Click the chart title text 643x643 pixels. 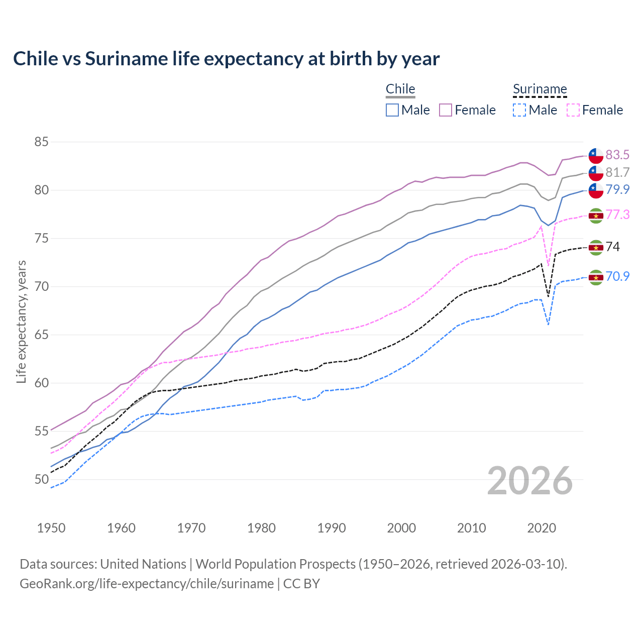[226, 59]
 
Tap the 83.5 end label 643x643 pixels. [617, 155]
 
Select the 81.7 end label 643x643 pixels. [617, 172]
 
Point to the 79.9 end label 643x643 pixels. [617, 189]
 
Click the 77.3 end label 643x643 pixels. [617, 215]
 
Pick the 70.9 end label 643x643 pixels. [617, 276]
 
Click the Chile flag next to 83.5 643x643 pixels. [596, 155]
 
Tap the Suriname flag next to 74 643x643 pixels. [596, 247]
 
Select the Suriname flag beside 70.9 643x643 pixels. [596, 277]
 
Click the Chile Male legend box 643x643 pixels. [392, 110]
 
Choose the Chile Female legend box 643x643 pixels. [446, 110]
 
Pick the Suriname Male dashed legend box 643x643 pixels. [519, 110]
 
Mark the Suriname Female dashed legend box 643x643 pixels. [573, 110]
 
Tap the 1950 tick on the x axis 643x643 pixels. [51, 528]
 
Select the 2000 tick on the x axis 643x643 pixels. [401, 528]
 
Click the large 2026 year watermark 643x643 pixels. [530, 481]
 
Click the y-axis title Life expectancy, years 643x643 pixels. [21, 321]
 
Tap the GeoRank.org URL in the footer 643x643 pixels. [147, 583]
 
